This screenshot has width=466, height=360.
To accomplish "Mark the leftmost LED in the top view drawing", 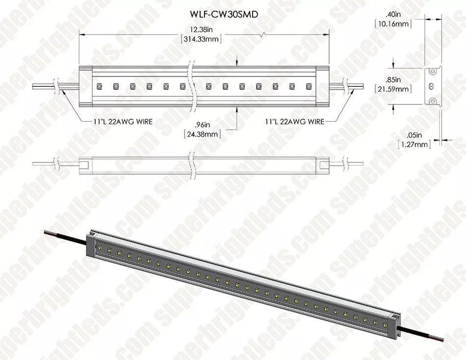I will coord(99,86).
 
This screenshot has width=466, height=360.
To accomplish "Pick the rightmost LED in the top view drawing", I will coord(308,87).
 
